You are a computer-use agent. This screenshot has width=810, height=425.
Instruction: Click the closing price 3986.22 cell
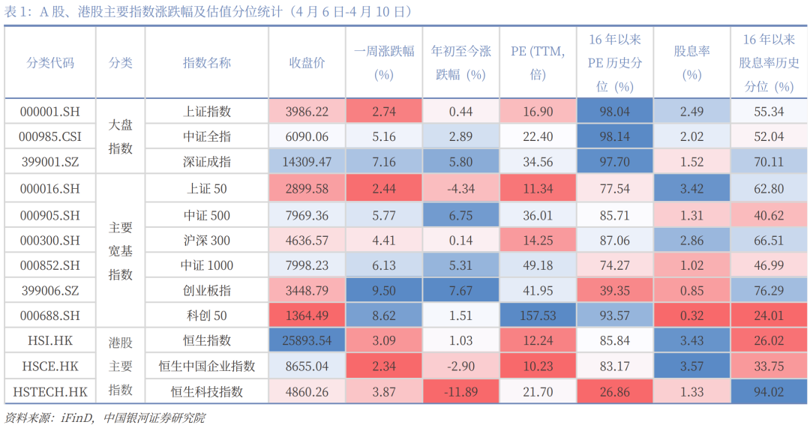point(307,112)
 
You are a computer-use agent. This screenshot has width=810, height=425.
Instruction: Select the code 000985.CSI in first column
point(49,136)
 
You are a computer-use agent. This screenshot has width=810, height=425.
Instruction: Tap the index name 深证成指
point(207,161)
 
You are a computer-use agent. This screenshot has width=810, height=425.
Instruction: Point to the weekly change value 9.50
point(383,291)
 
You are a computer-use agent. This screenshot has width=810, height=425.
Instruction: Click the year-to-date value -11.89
point(460,391)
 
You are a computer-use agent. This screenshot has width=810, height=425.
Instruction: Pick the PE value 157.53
point(538,316)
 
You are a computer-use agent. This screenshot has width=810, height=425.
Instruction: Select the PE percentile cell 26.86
point(614,391)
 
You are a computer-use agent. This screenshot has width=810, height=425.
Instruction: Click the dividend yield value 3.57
point(691,367)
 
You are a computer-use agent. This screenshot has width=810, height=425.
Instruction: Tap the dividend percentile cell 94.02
point(768,391)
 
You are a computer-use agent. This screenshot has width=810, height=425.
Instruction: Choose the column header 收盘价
point(307,63)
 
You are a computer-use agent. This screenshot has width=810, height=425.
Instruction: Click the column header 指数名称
point(207,63)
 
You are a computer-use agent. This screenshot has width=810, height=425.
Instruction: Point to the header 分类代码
point(49,63)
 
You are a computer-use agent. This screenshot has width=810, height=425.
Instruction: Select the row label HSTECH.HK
point(49,391)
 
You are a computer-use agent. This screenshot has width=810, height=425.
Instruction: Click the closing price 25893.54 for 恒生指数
point(307,341)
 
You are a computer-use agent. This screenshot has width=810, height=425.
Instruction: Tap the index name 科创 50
point(207,316)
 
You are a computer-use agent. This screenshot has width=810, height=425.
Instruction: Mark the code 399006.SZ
point(49,291)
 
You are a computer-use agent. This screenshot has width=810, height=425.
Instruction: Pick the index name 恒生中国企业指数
point(207,367)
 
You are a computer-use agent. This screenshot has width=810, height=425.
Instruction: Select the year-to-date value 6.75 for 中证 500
point(460,216)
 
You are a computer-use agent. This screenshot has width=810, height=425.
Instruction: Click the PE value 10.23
point(538,367)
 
